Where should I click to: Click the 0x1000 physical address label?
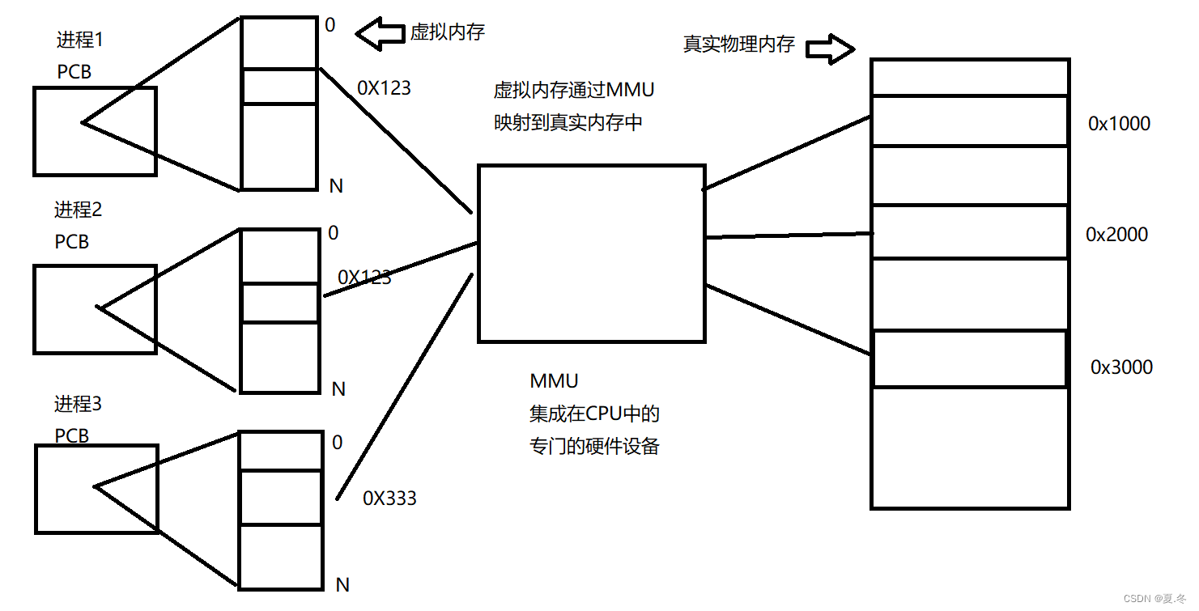click(x=1119, y=123)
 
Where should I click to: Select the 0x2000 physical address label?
click(x=1116, y=235)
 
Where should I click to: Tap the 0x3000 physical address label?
click(x=1121, y=367)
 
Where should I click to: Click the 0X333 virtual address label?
click(x=389, y=499)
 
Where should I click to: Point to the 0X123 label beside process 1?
click(x=384, y=88)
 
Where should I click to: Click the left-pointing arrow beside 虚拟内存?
click(x=380, y=34)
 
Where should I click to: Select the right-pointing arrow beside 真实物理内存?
click(x=831, y=49)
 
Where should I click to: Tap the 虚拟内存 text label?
click(x=447, y=32)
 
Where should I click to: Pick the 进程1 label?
click(x=80, y=39)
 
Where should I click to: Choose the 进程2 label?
click(x=79, y=210)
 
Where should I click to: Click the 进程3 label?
click(x=79, y=404)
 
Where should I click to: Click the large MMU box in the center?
click(x=591, y=253)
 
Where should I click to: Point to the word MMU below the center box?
click(x=554, y=381)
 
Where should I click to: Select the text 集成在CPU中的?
click(x=594, y=414)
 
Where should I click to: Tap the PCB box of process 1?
click(x=95, y=131)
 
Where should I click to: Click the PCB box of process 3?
click(x=96, y=488)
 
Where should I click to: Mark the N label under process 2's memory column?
click(x=338, y=389)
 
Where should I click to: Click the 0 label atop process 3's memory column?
click(x=337, y=443)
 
